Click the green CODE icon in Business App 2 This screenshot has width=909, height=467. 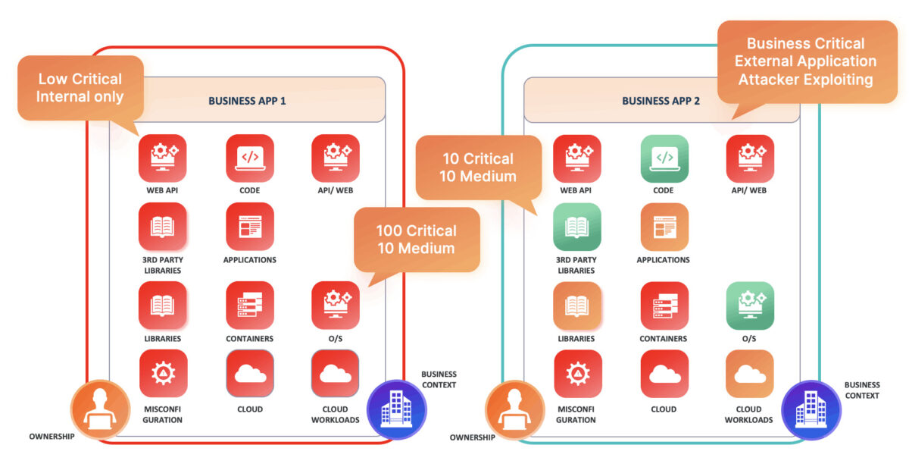coord(664,158)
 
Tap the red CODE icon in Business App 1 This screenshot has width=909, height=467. coord(250,158)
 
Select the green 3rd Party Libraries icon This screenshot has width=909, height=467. coord(577,227)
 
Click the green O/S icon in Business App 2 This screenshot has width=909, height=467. coord(750,306)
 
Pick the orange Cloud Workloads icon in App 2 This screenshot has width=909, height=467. coord(750,374)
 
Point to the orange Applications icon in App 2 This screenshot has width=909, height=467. coord(664,227)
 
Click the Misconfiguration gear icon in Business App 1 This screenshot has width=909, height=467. coord(163,374)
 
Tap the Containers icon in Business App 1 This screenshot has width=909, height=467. coord(250,306)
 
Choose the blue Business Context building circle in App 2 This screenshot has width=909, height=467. coord(811,410)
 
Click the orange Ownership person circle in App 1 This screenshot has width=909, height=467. coord(100,409)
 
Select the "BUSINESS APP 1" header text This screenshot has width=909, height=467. coord(247,101)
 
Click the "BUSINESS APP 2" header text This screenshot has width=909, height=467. coord(661,101)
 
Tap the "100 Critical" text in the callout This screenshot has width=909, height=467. coord(417,230)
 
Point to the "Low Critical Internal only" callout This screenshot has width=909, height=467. coord(80,88)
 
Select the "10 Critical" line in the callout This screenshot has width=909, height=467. coord(478,158)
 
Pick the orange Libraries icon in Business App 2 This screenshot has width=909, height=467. coord(577,306)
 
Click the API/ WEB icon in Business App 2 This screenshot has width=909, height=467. coord(750,158)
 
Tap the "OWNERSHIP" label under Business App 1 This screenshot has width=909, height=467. coord(52,437)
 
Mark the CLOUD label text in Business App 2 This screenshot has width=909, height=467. coord(664,409)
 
